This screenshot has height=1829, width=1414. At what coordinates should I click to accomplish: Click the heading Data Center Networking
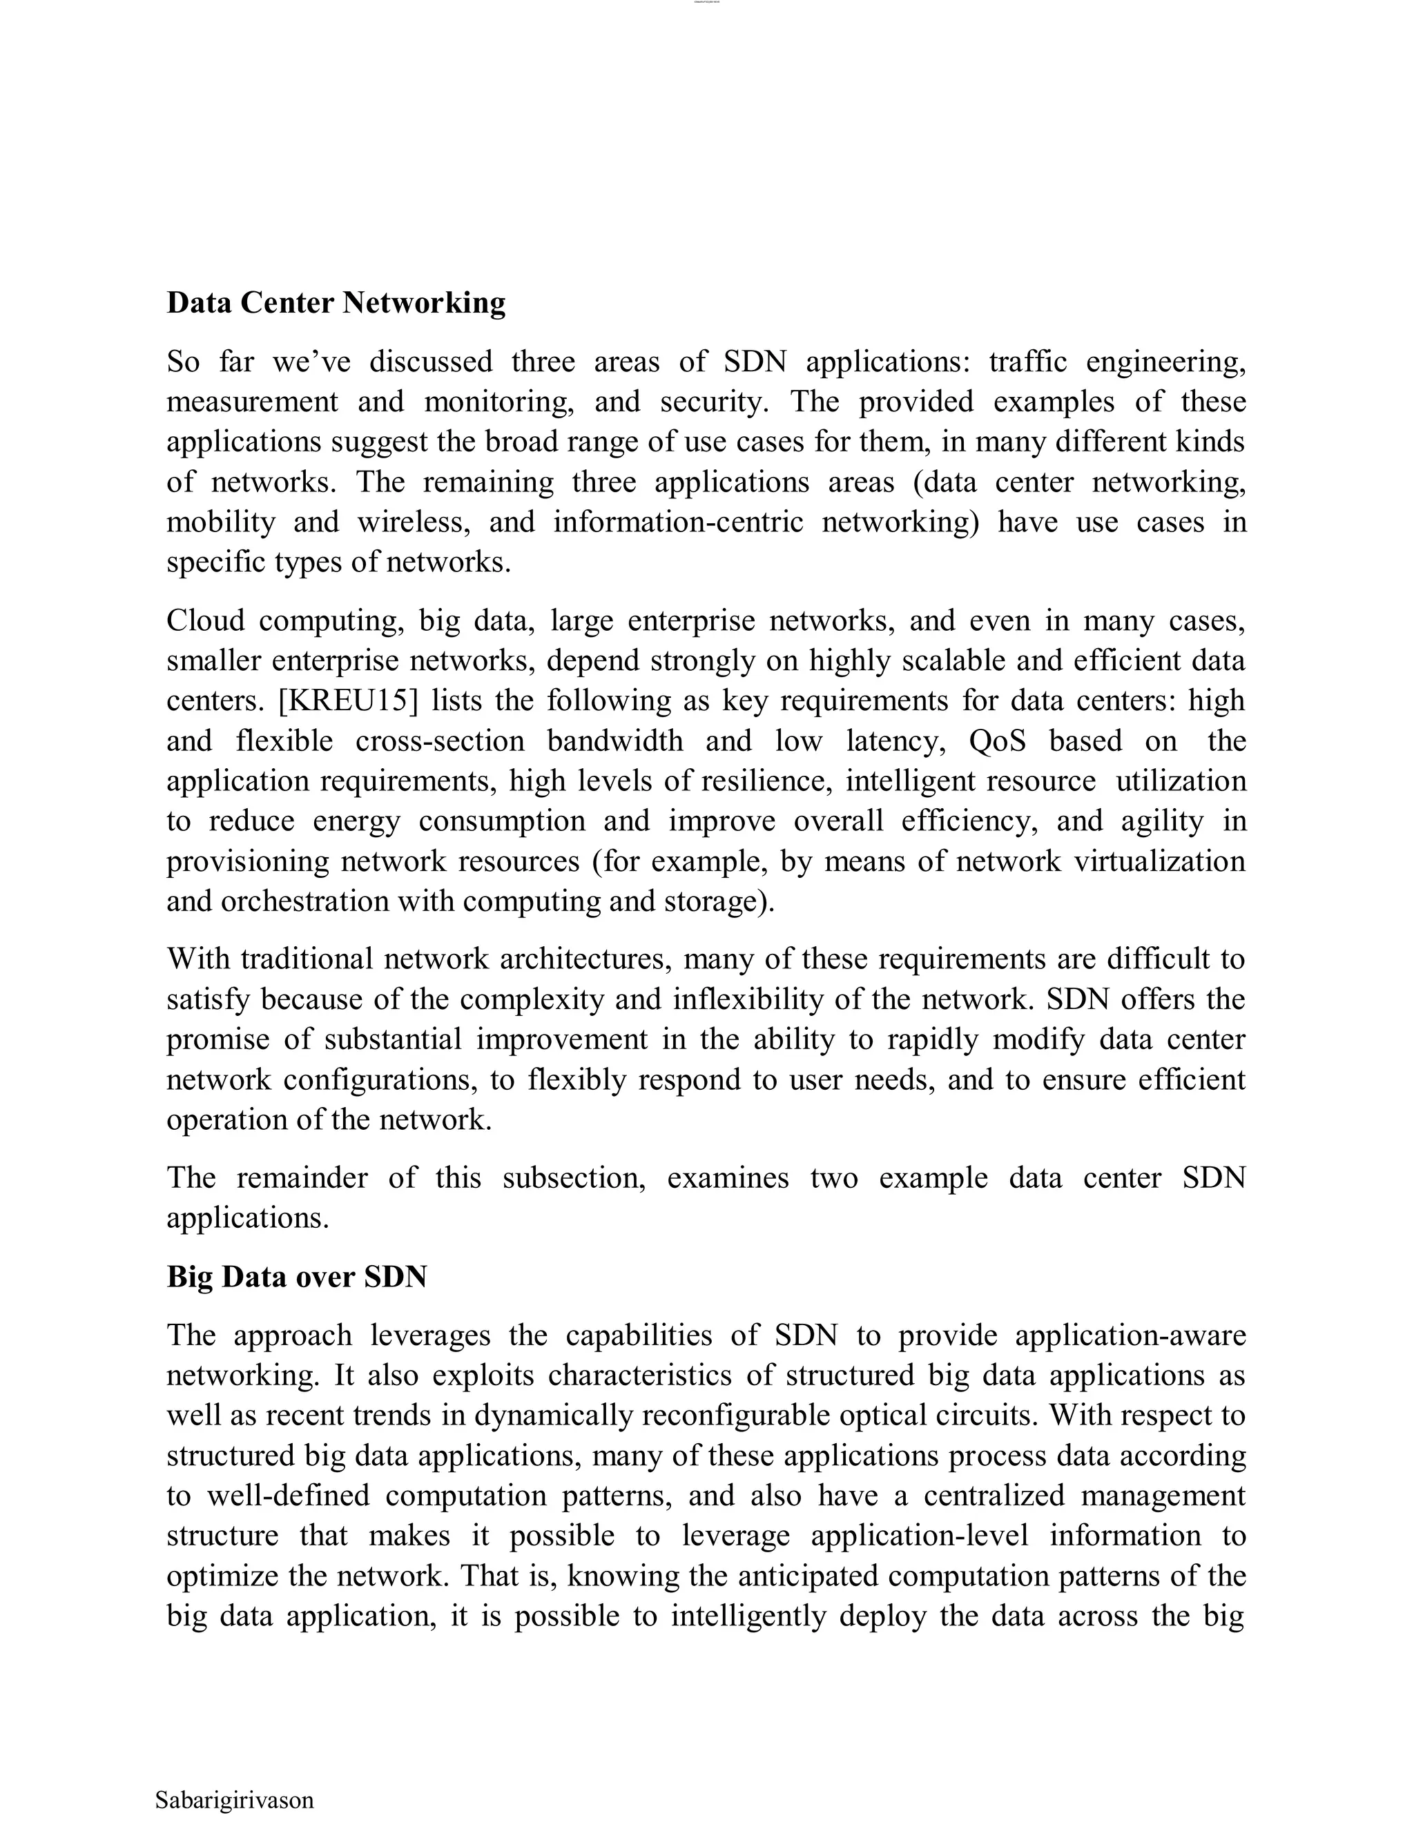pyautogui.click(x=336, y=302)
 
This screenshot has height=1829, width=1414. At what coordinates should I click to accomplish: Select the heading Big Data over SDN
pyautogui.click(x=296, y=1276)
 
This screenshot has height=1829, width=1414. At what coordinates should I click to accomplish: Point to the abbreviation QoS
pyautogui.click(x=997, y=741)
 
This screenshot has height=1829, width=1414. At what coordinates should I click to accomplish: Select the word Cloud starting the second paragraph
pyautogui.click(x=205, y=620)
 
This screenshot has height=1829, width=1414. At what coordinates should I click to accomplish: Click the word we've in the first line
pyautogui.click(x=311, y=362)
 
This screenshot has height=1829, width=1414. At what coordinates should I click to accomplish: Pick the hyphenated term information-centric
pyautogui.click(x=678, y=522)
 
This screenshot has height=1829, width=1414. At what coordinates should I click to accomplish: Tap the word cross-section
pyautogui.click(x=440, y=741)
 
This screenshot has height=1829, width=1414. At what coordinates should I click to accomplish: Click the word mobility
pyautogui.click(x=220, y=522)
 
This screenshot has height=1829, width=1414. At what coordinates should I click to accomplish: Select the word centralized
pyautogui.click(x=994, y=1496)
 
